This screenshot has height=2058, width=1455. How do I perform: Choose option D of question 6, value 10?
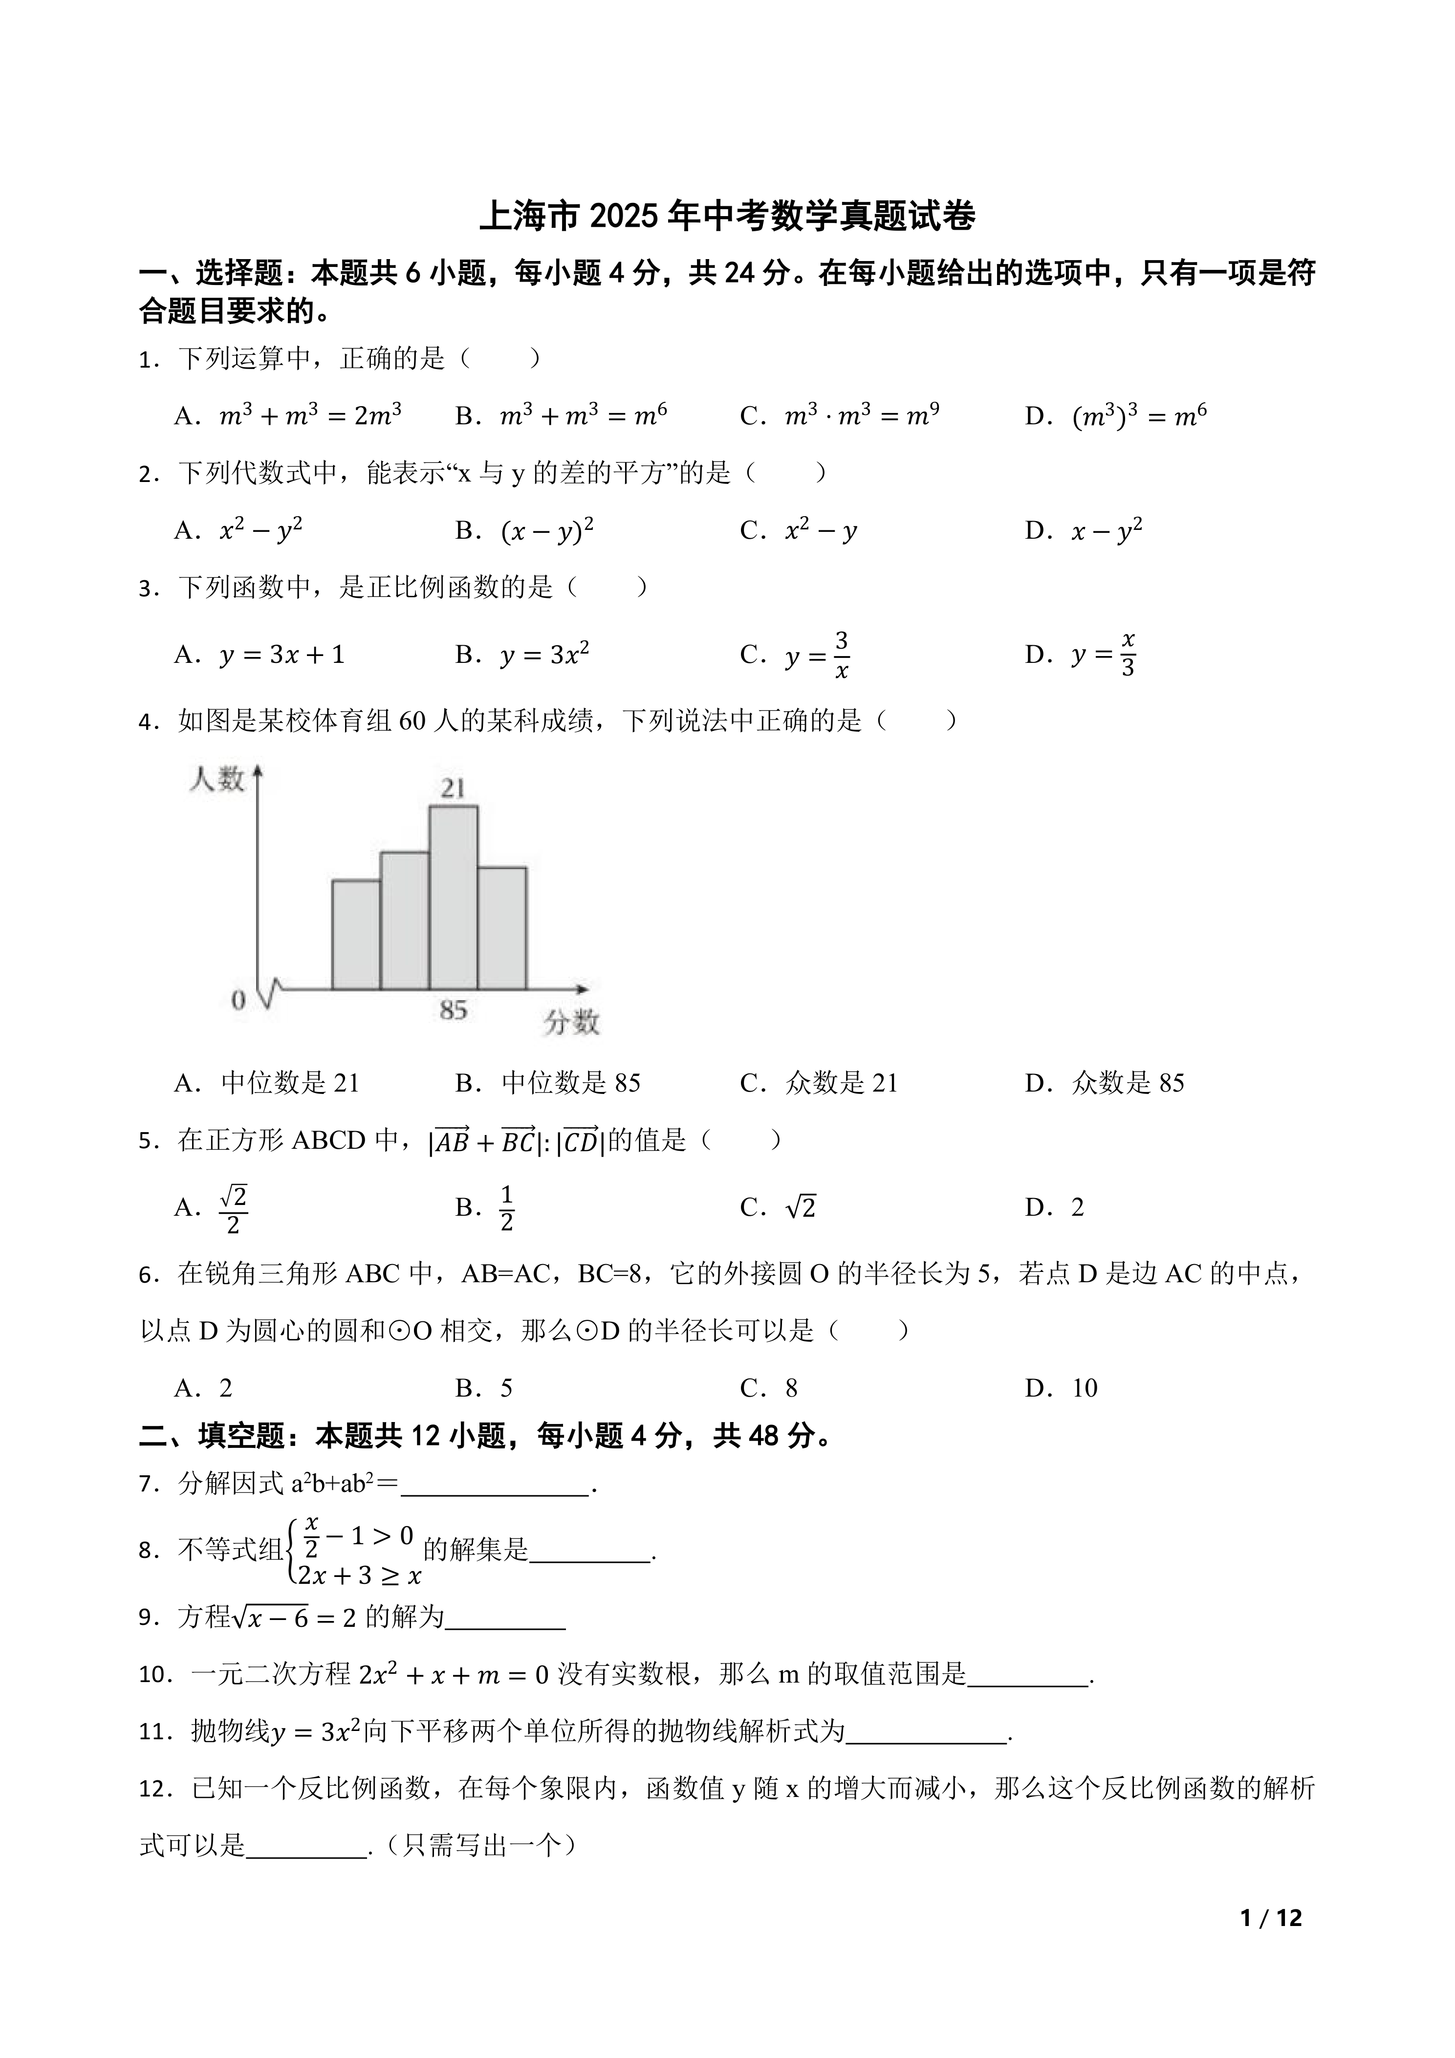pos(1084,1388)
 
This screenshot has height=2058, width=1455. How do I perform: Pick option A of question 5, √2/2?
pos(233,1208)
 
